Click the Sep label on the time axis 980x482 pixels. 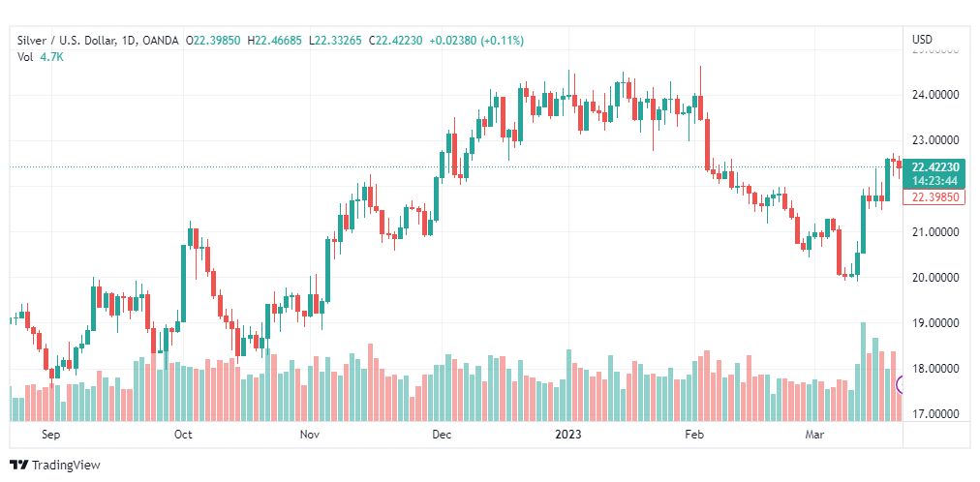[x=51, y=436]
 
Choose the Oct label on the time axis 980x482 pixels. [x=183, y=436]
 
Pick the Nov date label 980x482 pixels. [x=310, y=436]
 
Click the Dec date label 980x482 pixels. [x=442, y=436]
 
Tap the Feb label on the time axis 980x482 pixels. [x=694, y=436]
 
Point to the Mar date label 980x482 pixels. [x=814, y=436]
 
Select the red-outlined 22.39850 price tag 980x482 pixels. [x=934, y=197]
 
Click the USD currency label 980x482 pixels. [x=922, y=40]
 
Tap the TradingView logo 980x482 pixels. [x=55, y=466]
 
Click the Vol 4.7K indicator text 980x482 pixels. [x=38, y=57]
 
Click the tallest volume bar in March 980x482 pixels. [x=863, y=372]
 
